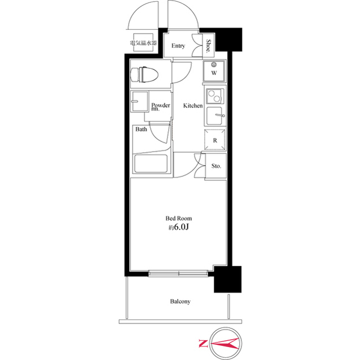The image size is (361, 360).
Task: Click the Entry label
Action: (x=178, y=46)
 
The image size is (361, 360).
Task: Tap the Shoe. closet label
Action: (x=208, y=46)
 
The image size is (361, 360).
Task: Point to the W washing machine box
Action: (x=214, y=72)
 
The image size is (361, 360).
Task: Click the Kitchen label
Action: (x=192, y=105)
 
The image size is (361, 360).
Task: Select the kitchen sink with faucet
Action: (x=214, y=117)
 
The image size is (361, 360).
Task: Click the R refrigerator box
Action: (x=214, y=140)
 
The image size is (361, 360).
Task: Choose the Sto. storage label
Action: (x=216, y=166)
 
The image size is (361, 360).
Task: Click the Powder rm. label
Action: (x=161, y=106)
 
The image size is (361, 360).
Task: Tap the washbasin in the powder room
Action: (x=138, y=103)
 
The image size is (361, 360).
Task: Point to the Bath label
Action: (x=141, y=129)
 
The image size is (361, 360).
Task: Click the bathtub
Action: (x=151, y=164)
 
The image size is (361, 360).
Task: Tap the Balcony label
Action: (x=180, y=301)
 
